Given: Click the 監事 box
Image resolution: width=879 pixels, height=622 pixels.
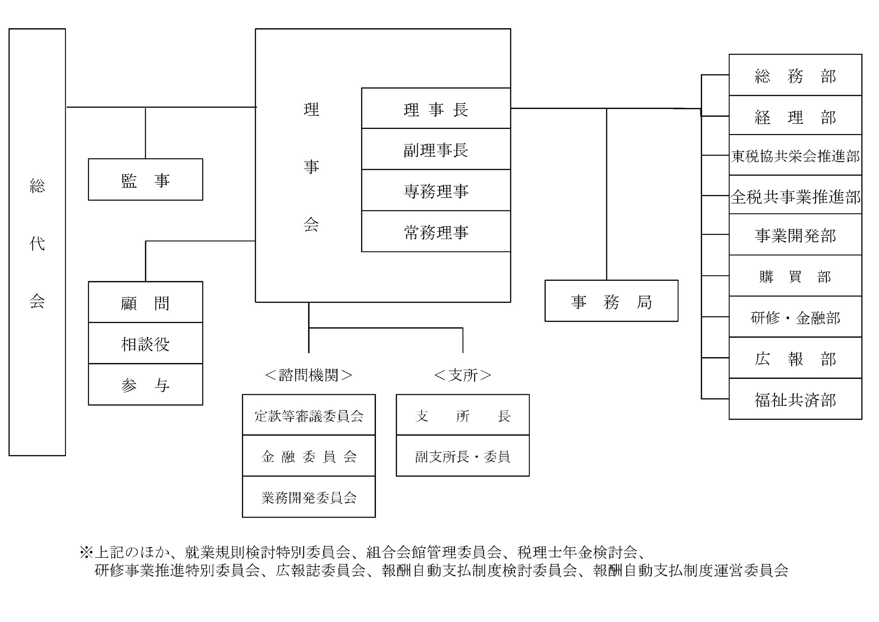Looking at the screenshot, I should coord(146,179).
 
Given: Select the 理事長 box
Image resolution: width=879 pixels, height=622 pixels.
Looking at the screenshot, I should coord(436,109).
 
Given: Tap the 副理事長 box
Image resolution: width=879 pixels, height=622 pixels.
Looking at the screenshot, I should coord(436,149).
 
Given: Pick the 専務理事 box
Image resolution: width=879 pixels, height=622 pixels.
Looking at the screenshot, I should coord(436,190).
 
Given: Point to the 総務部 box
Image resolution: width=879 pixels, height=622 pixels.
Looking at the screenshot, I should coord(795,75).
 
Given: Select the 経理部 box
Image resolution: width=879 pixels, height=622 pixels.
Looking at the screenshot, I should coord(795,116).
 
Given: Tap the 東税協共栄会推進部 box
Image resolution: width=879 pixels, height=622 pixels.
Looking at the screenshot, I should coord(795,155).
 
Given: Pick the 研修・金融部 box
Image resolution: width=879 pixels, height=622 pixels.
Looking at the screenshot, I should coord(795,317).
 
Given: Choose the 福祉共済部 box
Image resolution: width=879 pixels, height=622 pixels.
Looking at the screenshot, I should coord(795,399).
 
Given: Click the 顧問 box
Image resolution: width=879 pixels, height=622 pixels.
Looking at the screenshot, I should coord(146,302).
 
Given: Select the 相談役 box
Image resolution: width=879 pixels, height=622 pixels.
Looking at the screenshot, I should coord(146,343).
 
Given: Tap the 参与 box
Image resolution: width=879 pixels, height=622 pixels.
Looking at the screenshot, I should coord(146,385).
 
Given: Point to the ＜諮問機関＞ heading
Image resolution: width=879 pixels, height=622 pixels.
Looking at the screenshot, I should coord(309,375).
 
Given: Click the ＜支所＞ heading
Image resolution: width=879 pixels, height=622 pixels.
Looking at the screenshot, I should coord(463,375).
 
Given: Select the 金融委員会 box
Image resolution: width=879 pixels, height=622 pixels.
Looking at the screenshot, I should coord(309,456).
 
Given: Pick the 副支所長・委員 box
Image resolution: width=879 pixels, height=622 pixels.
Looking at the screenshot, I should coord(463,456).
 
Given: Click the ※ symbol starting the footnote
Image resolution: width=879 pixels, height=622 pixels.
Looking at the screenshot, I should coord(86,552).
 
